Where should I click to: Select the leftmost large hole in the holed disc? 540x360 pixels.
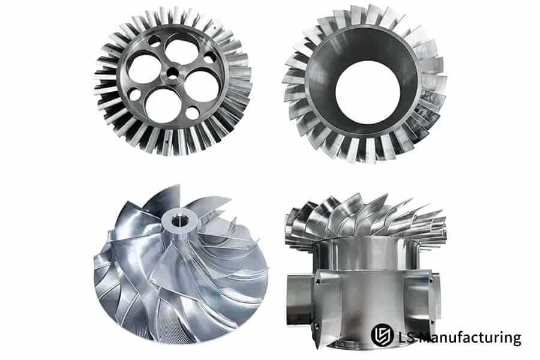(x=144, y=68)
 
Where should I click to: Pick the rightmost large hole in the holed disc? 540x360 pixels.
(x=202, y=86)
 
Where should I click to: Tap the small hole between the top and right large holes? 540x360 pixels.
(x=210, y=58)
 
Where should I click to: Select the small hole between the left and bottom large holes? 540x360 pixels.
(x=134, y=94)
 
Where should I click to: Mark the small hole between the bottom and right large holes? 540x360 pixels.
(x=192, y=113)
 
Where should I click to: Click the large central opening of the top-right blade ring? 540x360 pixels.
(x=368, y=92)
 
